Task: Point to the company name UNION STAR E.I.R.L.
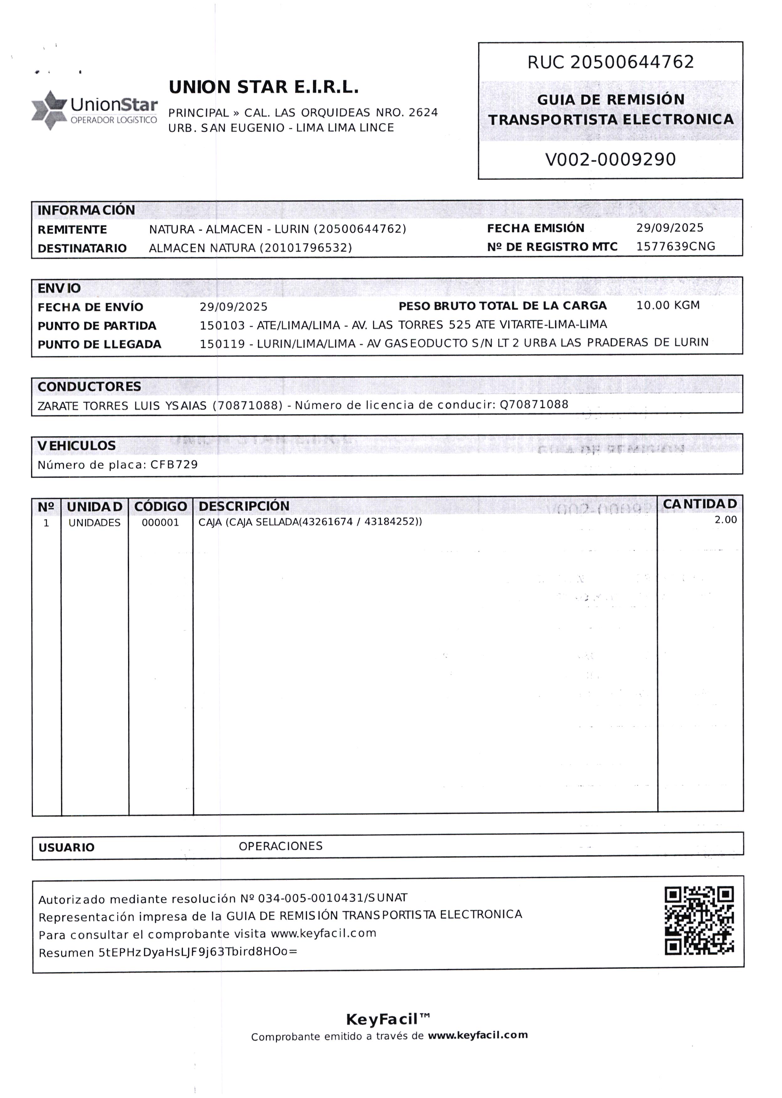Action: [x=263, y=87]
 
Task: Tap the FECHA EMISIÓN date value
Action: [x=669, y=228]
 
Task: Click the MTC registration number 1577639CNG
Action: [x=675, y=246]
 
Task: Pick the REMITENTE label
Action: [x=72, y=229]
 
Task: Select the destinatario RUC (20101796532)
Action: [x=306, y=248]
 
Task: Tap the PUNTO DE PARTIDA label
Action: [x=97, y=326]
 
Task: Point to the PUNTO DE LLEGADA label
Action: [x=99, y=344]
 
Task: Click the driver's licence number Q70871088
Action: [x=534, y=404]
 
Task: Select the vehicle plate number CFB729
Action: [x=174, y=464]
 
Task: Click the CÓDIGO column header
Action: [x=160, y=506]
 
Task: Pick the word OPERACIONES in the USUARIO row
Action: [x=280, y=846]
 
